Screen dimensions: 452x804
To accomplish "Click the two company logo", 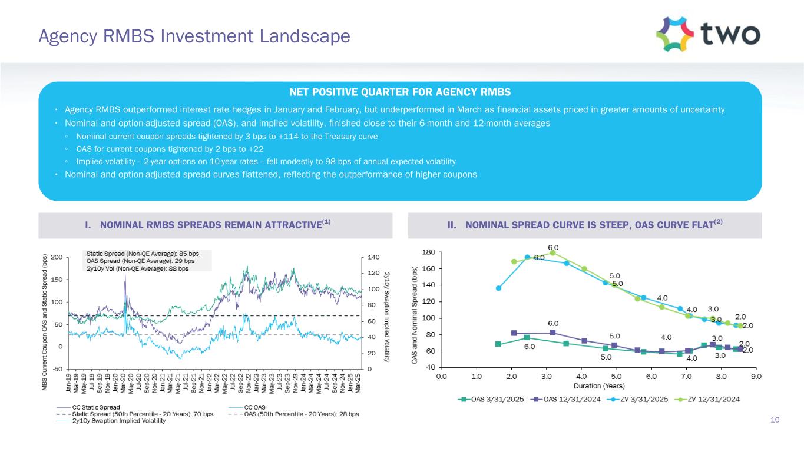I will pos(708,34).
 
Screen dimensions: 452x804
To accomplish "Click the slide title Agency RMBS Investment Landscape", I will pos(194,36).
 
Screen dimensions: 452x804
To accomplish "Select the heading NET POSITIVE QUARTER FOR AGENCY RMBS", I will pos(400,92).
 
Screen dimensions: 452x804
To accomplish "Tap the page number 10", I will pos(775,420).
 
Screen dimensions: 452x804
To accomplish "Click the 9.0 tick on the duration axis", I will pos(756,375).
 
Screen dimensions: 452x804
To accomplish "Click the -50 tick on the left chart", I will pos(58,369).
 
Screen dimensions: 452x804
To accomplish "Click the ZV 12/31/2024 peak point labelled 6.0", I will pos(552,252).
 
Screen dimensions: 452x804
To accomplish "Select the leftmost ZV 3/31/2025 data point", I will pos(498,288).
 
